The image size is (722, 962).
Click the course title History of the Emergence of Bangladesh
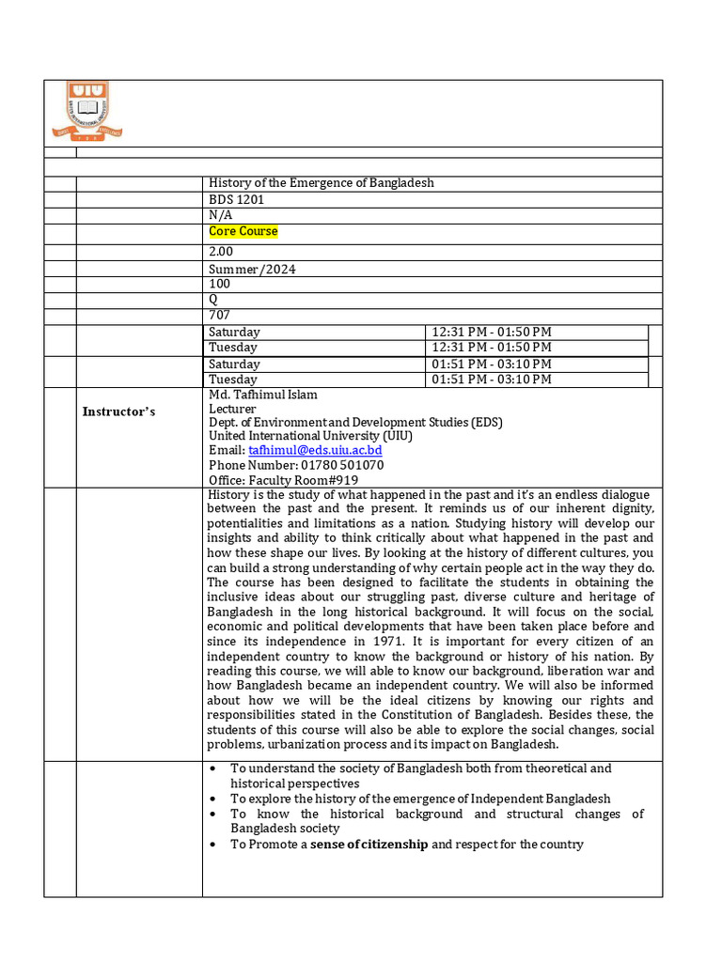pyautogui.click(x=321, y=182)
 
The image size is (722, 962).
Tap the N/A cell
pyautogui.click(x=220, y=215)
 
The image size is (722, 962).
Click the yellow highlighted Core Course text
pyautogui.click(x=243, y=231)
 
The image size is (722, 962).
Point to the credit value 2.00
pyautogui.click(x=221, y=252)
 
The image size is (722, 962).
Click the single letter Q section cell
pyautogui.click(x=212, y=300)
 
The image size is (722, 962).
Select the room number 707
pyautogui.click(x=218, y=316)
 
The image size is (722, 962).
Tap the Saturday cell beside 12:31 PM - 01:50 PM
pyautogui.click(x=234, y=332)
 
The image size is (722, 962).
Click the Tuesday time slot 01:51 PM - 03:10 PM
pyautogui.click(x=491, y=380)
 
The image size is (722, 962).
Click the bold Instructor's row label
pyautogui.click(x=118, y=411)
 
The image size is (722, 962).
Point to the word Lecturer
pyautogui.click(x=232, y=409)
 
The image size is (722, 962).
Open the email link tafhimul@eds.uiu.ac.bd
pyautogui.click(x=315, y=451)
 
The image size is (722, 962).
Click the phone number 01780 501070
pyautogui.click(x=342, y=465)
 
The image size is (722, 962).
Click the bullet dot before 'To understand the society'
pyautogui.click(x=215, y=768)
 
